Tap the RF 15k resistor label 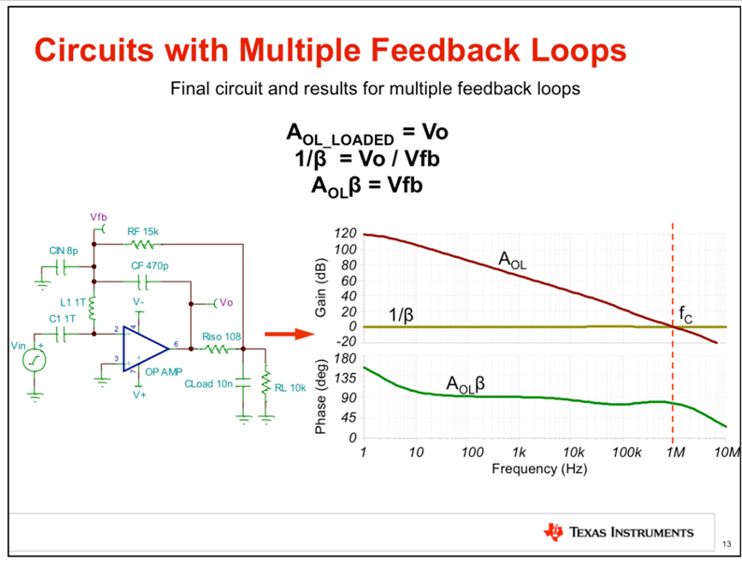144,230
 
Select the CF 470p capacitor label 150,266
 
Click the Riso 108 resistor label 221,336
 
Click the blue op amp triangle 143,348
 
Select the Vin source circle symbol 35,359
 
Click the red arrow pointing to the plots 283,332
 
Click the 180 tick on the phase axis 346,358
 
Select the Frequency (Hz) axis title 538,467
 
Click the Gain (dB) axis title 321,286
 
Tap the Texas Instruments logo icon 553,533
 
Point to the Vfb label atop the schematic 100,217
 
